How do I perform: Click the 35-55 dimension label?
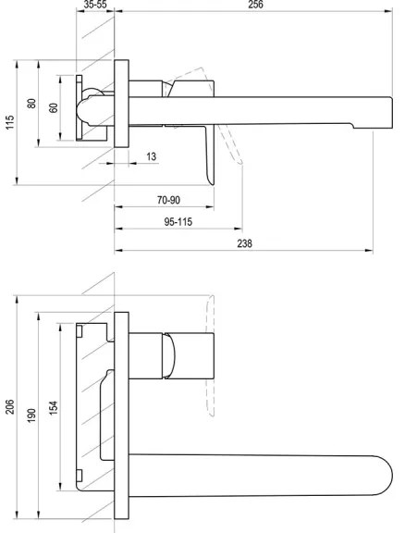pyautogui.click(x=95, y=6)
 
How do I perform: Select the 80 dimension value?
pyautogui.click(x=31, y=104)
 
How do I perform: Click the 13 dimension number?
pyautogui.click(x=151, y=156)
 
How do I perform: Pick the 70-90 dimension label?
pyautogui.click(x=168, y=199)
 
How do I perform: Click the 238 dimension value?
pyautogui.click(x=243, y=244)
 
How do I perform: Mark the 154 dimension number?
pyautogui.click(x=53, y=407)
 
